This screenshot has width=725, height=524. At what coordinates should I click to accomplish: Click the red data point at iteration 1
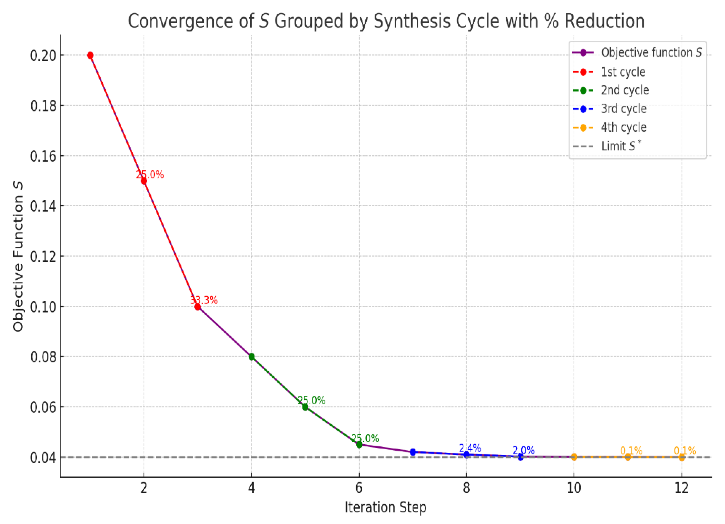(x=90, y=55)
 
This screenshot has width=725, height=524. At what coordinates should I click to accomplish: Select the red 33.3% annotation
(x=204, y=300)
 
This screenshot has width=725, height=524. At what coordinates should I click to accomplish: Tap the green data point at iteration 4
(x=252, y=357)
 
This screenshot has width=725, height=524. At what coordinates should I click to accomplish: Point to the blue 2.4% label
(x=470, y=448)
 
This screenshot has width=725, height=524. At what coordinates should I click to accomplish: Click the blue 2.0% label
(x=524, y=450)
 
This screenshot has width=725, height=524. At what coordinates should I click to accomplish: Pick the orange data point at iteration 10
(x=574, y=457)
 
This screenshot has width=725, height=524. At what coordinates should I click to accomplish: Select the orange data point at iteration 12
(x=681, y=457)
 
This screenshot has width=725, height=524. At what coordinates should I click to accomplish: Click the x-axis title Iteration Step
(x=386, y=508)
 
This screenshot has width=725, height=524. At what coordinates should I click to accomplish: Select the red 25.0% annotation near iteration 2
(x=150, y=175)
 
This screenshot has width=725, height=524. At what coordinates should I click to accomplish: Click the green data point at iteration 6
(x=359, y=445)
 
